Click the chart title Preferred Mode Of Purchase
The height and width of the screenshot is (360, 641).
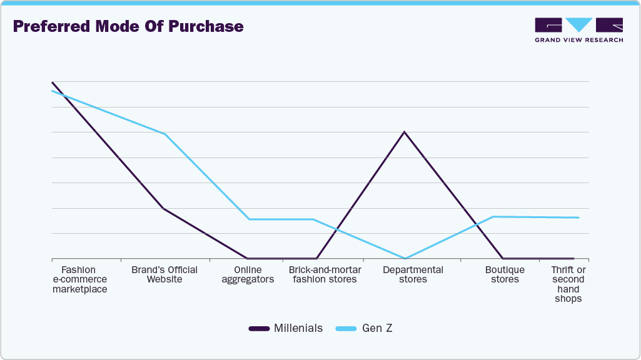tap(128, 27)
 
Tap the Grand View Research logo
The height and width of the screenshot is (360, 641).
tap(578, 30)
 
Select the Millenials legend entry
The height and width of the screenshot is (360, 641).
tap(286, 328)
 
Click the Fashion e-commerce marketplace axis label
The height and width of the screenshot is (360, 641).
tap(79, 279)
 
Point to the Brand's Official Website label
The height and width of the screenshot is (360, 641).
tap(164, 274)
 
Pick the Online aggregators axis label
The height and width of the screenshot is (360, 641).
tap(248, 274)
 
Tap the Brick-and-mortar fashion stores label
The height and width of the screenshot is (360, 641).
tap(325, 274)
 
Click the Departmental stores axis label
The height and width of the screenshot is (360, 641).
tap(413, 274)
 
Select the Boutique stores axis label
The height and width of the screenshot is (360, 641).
tap(505, 274)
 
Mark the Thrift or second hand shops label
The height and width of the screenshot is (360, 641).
tap(568, 284)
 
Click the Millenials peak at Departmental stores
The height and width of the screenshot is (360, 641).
tap(404, 132)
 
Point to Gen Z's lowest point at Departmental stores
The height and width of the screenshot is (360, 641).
tap(405, 258)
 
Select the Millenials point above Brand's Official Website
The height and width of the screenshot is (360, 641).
tap(163, 208)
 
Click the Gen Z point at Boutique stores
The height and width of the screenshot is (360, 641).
tap(494, 216)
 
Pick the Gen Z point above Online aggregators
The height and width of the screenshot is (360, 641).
tap(249, 219)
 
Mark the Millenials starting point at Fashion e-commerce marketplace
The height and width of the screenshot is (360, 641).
tap(52, 82)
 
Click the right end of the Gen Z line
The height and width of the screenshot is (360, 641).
tap(578, 217)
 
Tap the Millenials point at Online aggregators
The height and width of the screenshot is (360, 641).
tap(248, 258)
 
